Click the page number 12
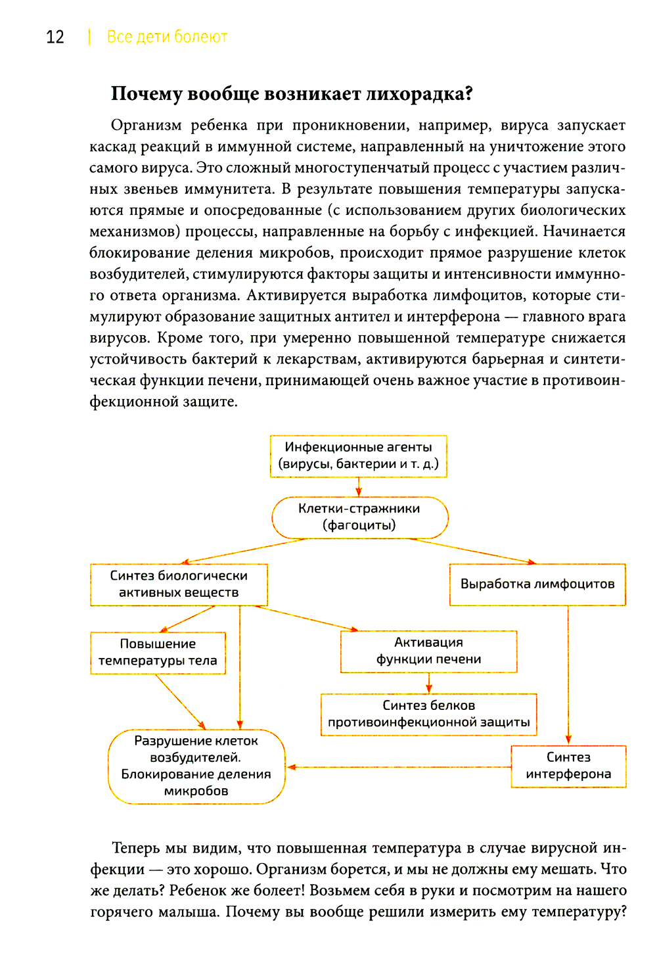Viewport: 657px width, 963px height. point(55,37)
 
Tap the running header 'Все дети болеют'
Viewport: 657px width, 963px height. point(167,37)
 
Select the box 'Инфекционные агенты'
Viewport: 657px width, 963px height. point(358,456)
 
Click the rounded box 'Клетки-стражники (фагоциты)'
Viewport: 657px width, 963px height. point(359,517)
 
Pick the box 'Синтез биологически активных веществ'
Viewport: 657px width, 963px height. point(179,584)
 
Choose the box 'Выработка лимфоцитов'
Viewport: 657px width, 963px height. point(537,584)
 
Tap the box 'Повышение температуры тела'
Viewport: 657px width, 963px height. point(158,653)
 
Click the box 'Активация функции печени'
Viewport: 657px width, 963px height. point(428,651)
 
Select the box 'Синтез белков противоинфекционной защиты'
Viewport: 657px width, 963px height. point(428,714)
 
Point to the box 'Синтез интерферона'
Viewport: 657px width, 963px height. point(568,766)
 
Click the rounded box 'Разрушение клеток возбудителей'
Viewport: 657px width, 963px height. point(196,766)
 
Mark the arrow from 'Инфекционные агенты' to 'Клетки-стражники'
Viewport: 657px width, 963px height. point(359,486)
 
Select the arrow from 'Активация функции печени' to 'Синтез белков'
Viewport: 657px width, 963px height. point(429,683)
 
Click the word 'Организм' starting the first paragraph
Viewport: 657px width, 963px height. point(147,126)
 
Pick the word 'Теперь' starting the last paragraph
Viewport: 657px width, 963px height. point(135,848)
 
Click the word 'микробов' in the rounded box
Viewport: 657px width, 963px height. point(196,791)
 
